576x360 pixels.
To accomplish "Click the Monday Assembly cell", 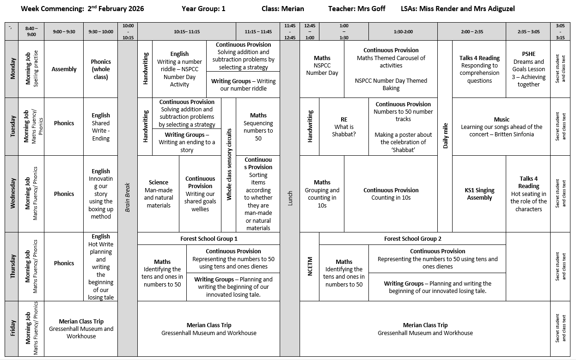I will pyautogui.click(x=64, y=69).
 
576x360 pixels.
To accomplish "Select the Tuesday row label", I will pyautogui.click(x=12, y=126).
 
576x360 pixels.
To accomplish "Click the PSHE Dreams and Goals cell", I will pyautogui.click(x=528, y=69).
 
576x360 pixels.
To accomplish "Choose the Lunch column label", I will pyautogui.click(x=290, y=199).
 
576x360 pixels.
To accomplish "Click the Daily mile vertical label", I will pyautogui.click(x=445, y=135).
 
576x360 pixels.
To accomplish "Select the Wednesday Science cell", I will pyautogui.click(x=158, y=194).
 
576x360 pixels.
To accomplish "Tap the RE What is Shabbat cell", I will pyautogui.click(x=343, y=127).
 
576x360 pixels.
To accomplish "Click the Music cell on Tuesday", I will pyautogui.click(x=501, y=127).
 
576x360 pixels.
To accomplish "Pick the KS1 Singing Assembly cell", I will pyautogui.click(x=479, y=194).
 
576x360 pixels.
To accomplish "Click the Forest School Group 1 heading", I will pyautogui.click(x=208, y=238).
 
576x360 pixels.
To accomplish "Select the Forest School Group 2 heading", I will pyautogui.click(x=412, y=238).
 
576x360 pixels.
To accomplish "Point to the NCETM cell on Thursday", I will pyautogui.click(x=310, y=266).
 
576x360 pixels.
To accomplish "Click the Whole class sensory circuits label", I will pyautogui.click(x=228, y=165).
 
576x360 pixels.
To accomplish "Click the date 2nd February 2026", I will pyautogui.click(x=115, y=9).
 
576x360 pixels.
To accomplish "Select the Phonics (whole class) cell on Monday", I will pyautogui.click(x=101, y=69).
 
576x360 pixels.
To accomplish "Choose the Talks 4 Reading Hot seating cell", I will pyautogui.click(x=528, y=194).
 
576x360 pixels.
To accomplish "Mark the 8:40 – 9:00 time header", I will pyautogui.click(x=31, y=31).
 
